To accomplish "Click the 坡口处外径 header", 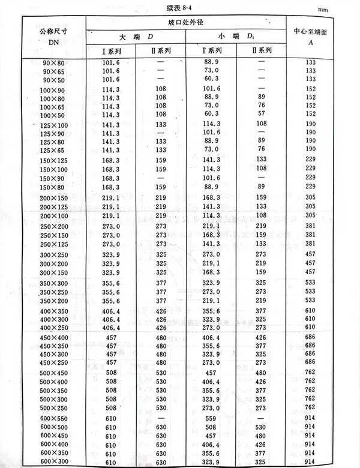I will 187,23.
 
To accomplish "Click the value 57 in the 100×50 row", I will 260,113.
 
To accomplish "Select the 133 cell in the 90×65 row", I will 311,71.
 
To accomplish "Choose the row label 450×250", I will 53,362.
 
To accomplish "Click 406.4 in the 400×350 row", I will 112,320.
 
